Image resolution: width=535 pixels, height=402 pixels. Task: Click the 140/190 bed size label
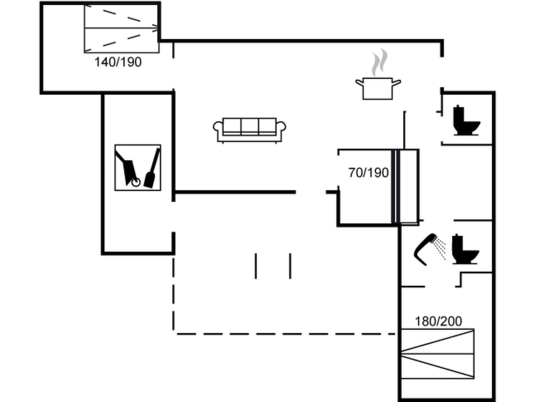[118, 62]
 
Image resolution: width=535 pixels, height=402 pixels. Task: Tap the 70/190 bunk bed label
[369, 173]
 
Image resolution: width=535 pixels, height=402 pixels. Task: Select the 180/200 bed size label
[438, 321]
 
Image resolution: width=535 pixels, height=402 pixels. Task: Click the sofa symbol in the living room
[249, 130]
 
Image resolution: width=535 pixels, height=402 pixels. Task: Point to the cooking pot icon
[378, 88]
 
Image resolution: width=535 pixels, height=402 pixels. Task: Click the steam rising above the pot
[380, 62]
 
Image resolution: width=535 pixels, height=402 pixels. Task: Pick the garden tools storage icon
[138, 167]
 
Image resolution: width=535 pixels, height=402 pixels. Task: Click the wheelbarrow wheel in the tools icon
[136, 182]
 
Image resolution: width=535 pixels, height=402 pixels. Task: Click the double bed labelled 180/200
[437, 354]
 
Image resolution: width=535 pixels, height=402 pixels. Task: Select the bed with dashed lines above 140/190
[121, 28]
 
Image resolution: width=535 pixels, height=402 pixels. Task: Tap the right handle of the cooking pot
[397, 83]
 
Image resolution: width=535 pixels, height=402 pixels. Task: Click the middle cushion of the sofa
[250, 127]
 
